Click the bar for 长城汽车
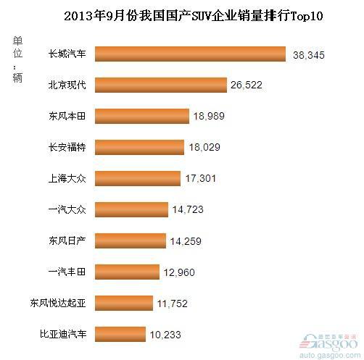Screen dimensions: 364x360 [190, 54]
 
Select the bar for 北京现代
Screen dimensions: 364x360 [161, 85]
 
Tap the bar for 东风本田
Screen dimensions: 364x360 [142, 116]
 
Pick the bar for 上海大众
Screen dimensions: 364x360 [138, 178]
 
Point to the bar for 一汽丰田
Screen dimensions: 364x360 [127, 272]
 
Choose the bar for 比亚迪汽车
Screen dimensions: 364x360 [120, 334]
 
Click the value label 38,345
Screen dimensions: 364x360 [309, 55]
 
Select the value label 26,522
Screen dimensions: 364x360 [247, 85]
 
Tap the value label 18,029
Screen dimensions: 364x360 [204, 147]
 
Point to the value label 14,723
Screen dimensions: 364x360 [188, 209]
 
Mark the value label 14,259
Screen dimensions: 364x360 [186, 241]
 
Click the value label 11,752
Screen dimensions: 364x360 [173, 304]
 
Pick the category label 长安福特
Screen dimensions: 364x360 [67, 147]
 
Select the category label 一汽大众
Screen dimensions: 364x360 [67, 209]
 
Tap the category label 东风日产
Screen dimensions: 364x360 [67, 240]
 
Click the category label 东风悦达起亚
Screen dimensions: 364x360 [58, 303]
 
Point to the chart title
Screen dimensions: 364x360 [194, 16]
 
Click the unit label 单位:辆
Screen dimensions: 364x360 [17, 59]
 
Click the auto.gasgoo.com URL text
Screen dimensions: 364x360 [330, 355]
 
